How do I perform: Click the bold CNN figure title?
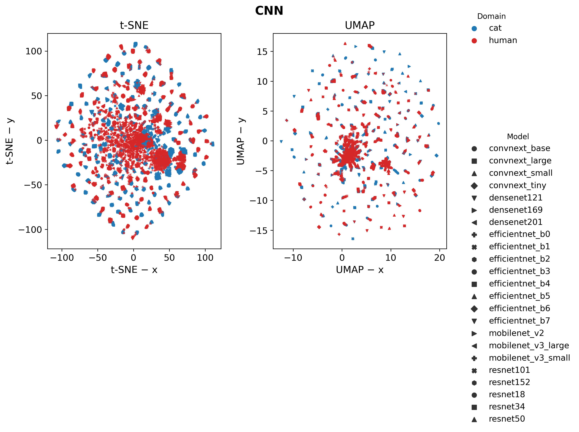pos(269,11)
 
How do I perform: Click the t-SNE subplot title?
pos(134,25)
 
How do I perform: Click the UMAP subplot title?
pos(359,25)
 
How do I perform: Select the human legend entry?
pos(502,40)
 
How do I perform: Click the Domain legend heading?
pos(491,16)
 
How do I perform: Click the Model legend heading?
pos(518,136)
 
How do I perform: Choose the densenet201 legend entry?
pos(515,222)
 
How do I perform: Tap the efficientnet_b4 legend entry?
pos(519,284)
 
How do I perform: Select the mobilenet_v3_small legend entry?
pos(529,358)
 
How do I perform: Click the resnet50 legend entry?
pos(507,419)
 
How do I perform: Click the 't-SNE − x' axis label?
pos(134,270)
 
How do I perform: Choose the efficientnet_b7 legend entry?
pos(519,321)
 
